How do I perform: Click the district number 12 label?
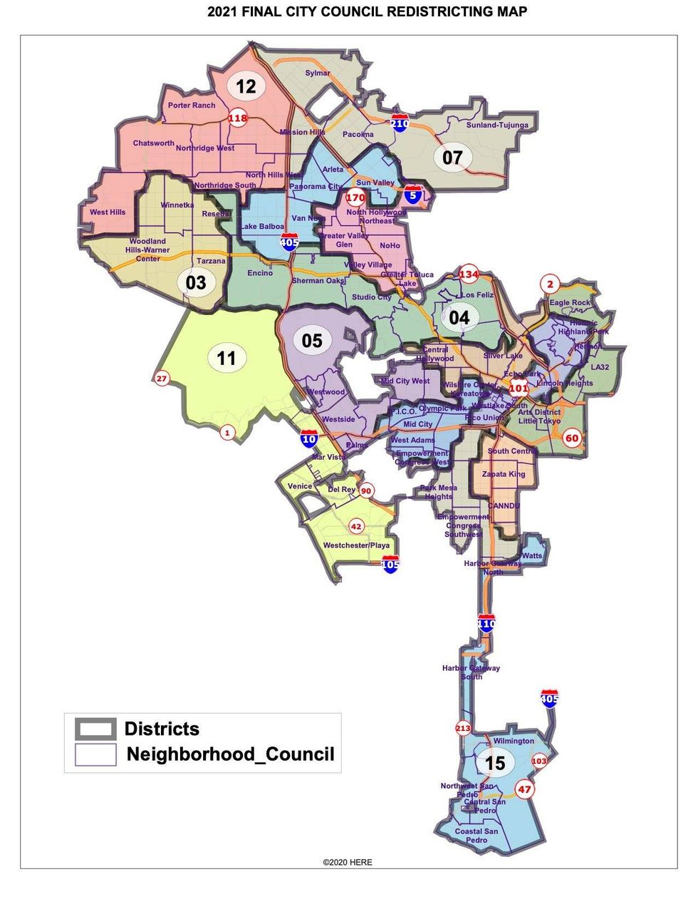(x=246, y=87)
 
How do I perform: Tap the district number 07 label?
(x=452, y=158)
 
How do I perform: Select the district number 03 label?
(x=196, y=283)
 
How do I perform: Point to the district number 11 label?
(x=226, y=358)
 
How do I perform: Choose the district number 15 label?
(x=494, y=764)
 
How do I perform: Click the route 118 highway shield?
(x=238, y=118)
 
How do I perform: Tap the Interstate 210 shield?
(x=400, y=123)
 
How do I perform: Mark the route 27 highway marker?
(x=162, y=379)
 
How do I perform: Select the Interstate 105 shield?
(x=390, y=565)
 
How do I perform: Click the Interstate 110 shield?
(x=486, y=624)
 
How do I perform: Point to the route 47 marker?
(x=525, y=789)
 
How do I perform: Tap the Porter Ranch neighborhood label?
(x=192, y=106)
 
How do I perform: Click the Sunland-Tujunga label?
(x=497, y=125)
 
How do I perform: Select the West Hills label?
(x=108, y=212)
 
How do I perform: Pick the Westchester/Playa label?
(x=356, y=545)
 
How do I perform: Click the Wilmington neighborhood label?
(x=514, y=741)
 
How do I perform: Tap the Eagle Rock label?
(x=570, y=303)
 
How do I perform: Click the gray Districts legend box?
(x=95, y=729)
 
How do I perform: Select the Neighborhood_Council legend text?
(x=230, y=754)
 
